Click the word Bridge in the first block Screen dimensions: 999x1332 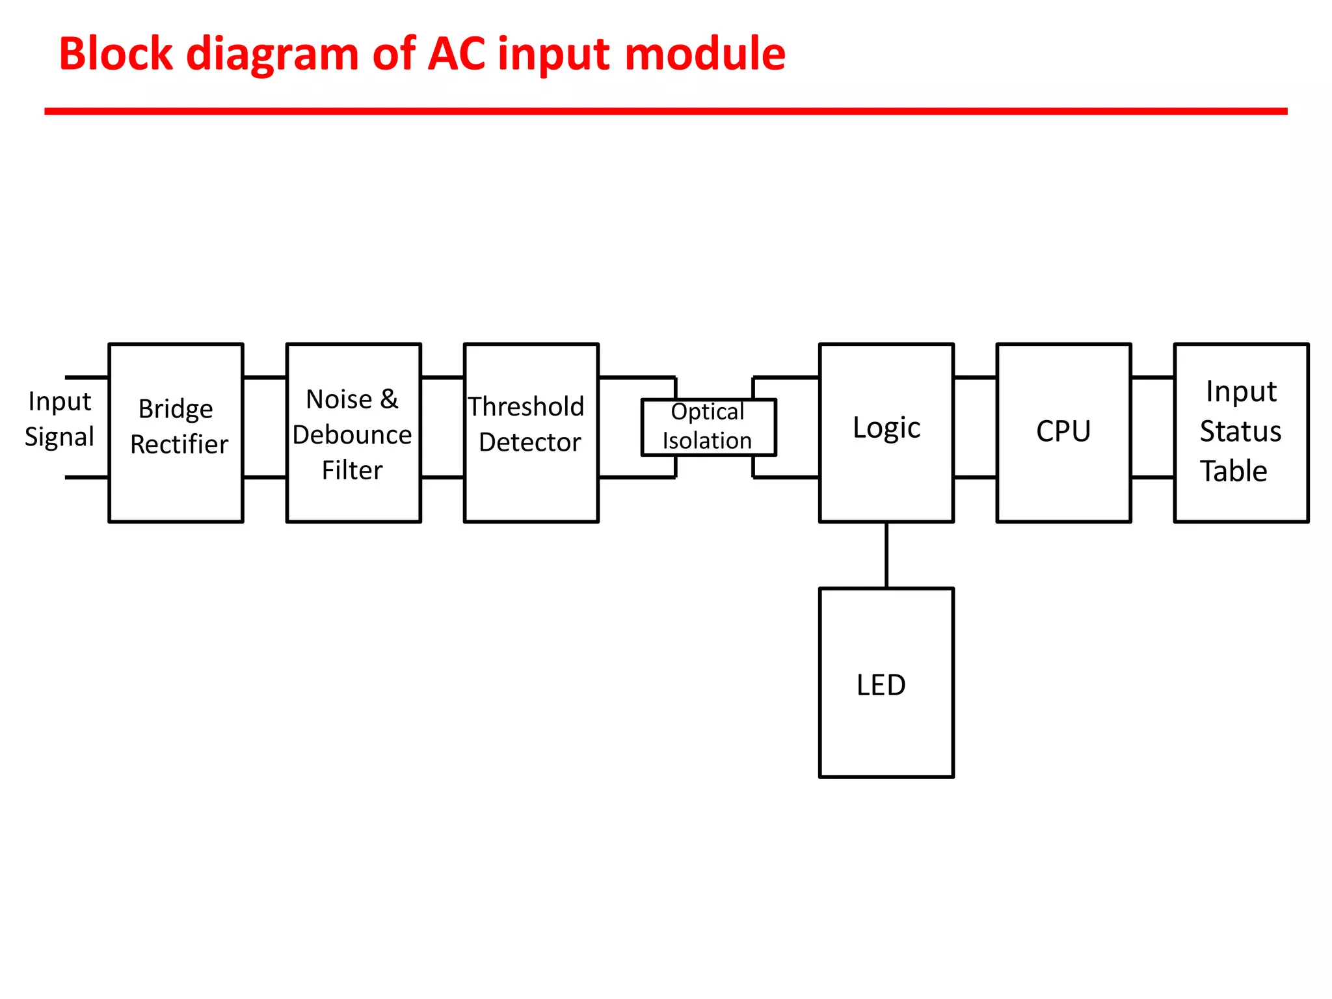pyautogui.click(x=176, y=409)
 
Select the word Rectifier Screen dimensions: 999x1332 pyautogui.click(x=179, y=444)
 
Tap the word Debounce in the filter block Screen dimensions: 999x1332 pyautogui.click(x=352, y=434)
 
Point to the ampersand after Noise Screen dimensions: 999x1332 pyautogui.click(x=389, y=399)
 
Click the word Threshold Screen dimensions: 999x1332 pyautogui.click(x=526, y=406)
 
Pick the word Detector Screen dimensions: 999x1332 pyautogui.click(x=529, y=442)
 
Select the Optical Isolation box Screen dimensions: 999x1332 pyautogui.click(x=708, y=427)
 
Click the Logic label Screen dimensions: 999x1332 pyautogui.click(x=886, y=428)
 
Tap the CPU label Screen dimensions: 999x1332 pyautogui.click(x=1063, y=431)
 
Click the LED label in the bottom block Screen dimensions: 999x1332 pyautogui.click(x=881, y=685)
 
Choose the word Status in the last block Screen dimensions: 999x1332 pyautogui.click(x=1240, y=431)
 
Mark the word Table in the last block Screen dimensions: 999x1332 pyautogui.click(x=1233, y=471)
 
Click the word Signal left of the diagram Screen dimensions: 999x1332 pyautogui.click(x=59, y=436)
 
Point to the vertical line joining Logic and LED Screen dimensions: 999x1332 pyautogui.click(x=886, y=555)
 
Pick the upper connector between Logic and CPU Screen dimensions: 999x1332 pyautogui.click(x=975, y=377)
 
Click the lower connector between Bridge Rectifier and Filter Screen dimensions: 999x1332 pyautogui.click(x=265, y=477)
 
